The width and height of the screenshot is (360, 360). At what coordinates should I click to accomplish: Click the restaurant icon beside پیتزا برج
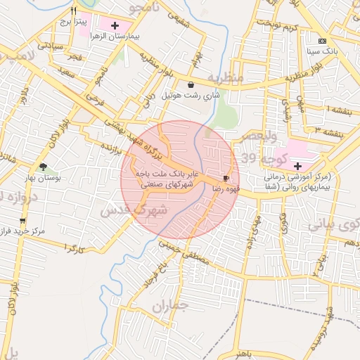tap(73, 11)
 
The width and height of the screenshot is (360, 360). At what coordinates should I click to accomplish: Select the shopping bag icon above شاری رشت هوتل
tap(191, 84)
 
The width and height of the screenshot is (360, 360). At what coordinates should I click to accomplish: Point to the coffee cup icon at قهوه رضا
tap(226, 179)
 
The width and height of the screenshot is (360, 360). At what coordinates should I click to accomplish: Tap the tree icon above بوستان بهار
tap(44, 167)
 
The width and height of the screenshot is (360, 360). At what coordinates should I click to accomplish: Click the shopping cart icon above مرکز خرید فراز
tap(22, 221)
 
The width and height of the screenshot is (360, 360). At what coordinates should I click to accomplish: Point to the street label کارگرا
tap(72, 248)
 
